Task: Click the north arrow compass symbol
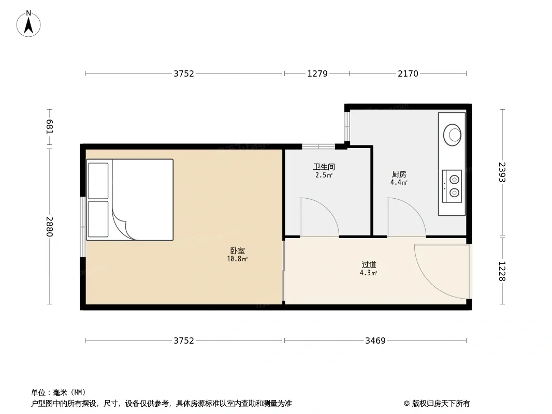point(28,24)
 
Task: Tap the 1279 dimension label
point(317,73)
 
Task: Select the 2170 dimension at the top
point(408,73)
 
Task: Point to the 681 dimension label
point(49,127)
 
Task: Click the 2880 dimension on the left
point(49,227)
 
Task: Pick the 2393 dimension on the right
point(502,172)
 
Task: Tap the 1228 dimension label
point(502,271)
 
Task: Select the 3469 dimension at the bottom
point(375,341)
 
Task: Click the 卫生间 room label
point(324,167)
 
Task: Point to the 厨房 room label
point(399,174)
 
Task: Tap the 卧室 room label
point(238,251)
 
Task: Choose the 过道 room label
point(369,264)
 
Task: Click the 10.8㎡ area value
point(237,259)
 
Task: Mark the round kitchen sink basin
point(453,135)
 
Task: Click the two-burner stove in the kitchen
point(452,186)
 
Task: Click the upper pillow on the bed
point(98,181)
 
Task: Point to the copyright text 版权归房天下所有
point(441,404)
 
